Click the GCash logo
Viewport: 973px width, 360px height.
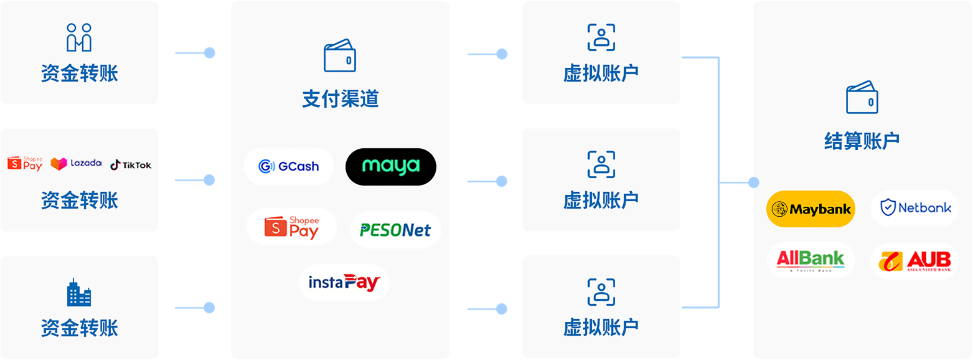coord(289,166)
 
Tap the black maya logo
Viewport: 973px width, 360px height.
coord(391,166)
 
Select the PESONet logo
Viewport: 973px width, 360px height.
coord(395,230)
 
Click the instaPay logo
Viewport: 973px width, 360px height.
coord(344,283)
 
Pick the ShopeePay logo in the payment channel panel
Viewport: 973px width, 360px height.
coord(292,227)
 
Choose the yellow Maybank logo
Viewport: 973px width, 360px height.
coord(811,209)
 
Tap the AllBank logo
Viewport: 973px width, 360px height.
coord(811,260)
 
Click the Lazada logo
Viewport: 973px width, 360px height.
coord(76,164)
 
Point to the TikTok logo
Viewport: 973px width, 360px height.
coord(131,165)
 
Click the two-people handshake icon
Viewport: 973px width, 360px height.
coord(79,37)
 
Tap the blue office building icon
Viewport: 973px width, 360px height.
coord(79,292)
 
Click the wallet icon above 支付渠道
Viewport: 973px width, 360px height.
coord(340,56)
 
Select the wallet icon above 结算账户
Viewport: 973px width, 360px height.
coord(862,97)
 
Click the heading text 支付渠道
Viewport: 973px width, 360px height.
coord(340,99)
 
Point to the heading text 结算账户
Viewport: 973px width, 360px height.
coord(862,141)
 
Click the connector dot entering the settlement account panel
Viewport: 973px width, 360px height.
coord(753,182)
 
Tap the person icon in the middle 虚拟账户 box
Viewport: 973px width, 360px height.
coord(601,164)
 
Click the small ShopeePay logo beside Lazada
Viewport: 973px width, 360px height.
coord(25,163)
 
